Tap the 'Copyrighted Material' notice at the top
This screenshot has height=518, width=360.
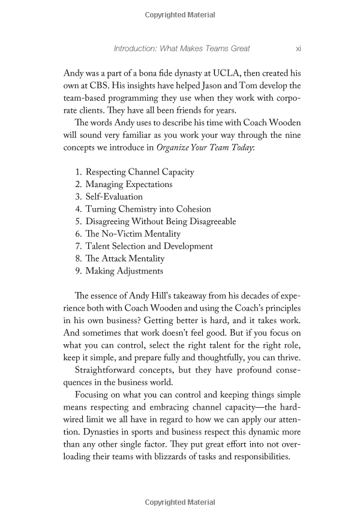point(180,13)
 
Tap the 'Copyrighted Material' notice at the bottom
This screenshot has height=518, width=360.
point(180,502)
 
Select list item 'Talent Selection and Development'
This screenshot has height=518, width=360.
point(149,246)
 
